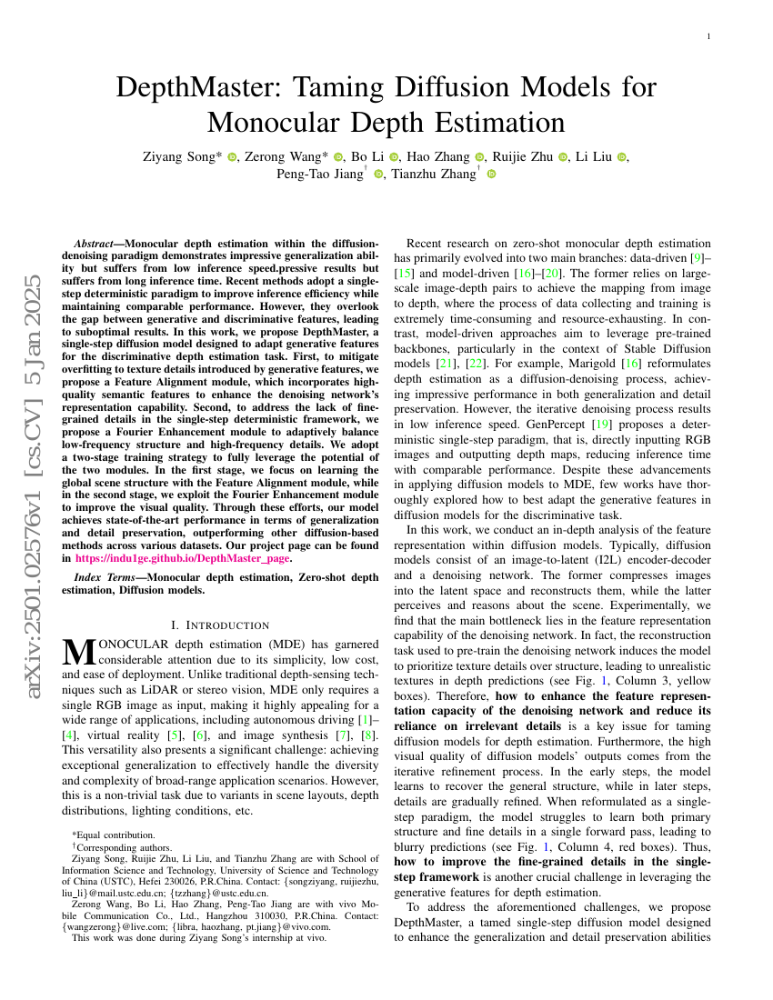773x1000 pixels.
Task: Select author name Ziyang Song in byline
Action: point(182,156)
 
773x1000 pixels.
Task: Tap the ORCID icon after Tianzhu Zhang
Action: point(492,175)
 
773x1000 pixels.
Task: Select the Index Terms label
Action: point(100,577)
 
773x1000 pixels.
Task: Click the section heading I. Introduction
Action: point(220,625)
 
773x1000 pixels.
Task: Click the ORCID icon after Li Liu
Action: point(622,156)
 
